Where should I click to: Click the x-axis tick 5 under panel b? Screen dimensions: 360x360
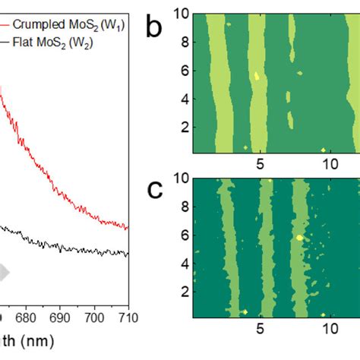[260, 164]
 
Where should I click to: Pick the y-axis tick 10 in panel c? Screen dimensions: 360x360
[179, 180]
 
